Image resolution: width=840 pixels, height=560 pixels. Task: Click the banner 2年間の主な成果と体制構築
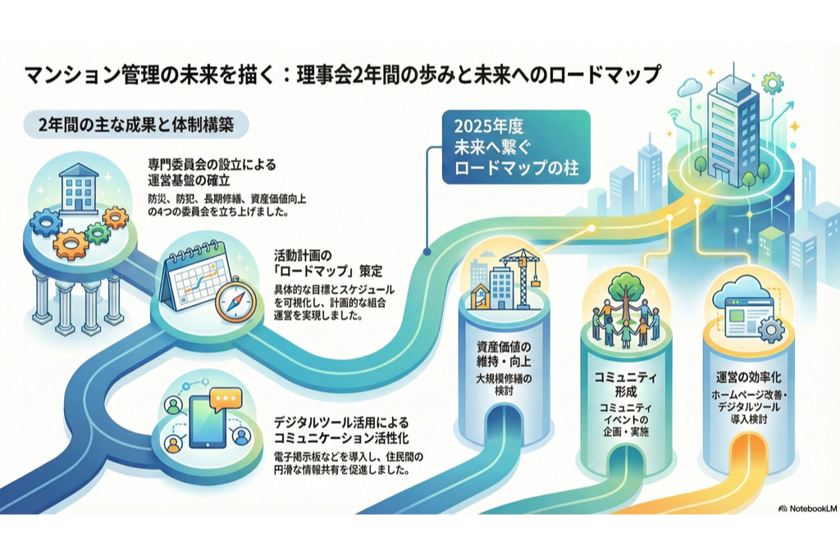coord(136,125)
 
